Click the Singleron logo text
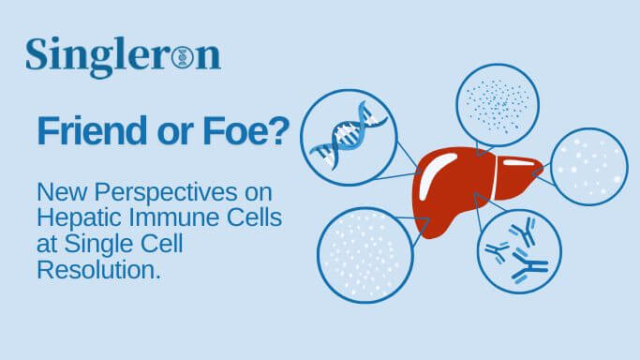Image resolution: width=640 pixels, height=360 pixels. pos(123,56)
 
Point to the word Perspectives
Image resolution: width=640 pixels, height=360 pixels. pos(173,196)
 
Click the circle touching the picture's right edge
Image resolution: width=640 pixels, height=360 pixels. pos(589,166)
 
